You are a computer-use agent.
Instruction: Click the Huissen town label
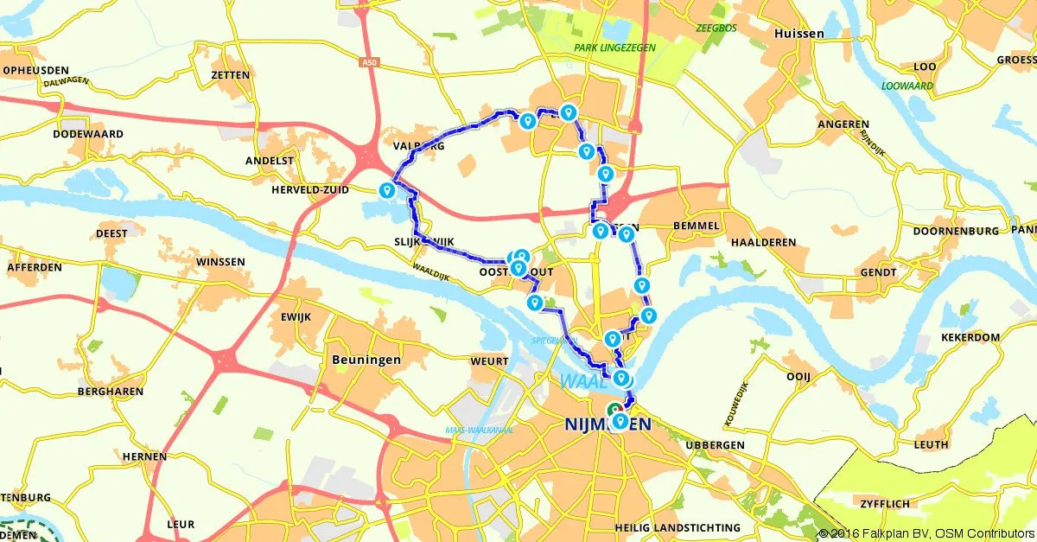pos(799,34)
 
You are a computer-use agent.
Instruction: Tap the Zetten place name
pos(229,75)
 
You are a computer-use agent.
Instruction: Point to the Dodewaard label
pos(88,135)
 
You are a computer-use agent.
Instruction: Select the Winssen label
pos(220,262)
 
